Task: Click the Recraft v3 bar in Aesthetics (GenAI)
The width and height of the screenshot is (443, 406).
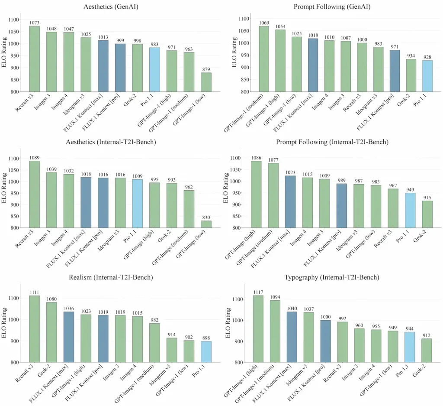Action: tap(34, 59)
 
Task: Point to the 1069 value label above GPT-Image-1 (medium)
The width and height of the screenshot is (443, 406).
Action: tap(264, 22)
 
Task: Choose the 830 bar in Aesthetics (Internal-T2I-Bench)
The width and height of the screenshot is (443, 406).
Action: tap(206, 224)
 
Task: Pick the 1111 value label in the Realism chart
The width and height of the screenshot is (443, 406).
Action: tap(34, 292)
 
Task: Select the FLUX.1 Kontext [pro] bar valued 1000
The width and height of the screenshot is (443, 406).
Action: tap(325, 341)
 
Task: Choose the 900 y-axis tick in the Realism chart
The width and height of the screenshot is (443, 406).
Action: tap(13, 341)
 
